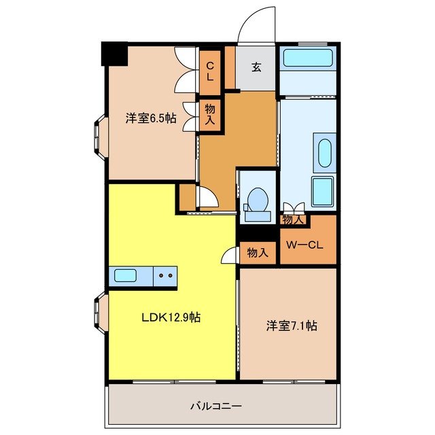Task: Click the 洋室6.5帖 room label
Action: click(x=150, y=118)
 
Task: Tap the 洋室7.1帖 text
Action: click(x=291, y=326)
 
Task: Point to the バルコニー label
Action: click(x=215, y=406)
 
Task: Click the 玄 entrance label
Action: click(x=256, y=67)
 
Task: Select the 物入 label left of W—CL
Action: click(x=258, y=253)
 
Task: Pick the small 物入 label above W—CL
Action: click(x=293, y=220)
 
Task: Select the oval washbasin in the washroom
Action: click(x=324, y=151)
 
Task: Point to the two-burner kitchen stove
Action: click(x=165, y=276)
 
